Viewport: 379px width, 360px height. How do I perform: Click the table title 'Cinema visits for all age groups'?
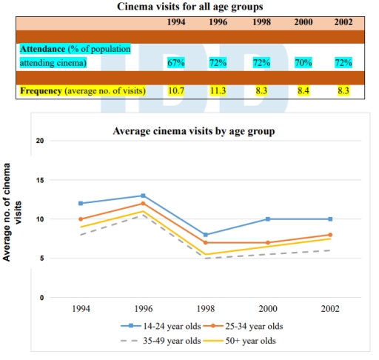pos(189,7)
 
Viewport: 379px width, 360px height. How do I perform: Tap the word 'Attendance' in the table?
pos(43,49)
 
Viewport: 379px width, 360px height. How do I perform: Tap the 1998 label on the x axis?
pos(205,306)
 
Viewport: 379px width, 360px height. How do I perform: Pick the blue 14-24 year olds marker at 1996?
pos(143,196)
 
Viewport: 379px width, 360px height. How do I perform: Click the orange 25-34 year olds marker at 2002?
pos(331,235)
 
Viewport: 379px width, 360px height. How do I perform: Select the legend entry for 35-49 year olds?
pos(162,341)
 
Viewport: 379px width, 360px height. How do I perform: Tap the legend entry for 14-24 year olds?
pos(162,325)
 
